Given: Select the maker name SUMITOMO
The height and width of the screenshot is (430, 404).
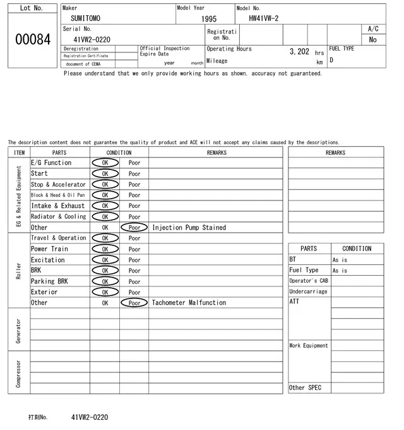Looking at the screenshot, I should [85, 19].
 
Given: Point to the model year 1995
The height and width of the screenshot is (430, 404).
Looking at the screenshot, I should [208, 19].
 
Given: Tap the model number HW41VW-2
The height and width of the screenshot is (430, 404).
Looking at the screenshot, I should [264, 19].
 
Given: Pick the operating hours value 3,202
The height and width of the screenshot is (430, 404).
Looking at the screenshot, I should [299, 52].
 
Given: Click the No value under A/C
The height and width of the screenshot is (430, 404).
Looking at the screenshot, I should [372, 39].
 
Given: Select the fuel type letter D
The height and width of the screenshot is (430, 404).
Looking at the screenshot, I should [331, 61].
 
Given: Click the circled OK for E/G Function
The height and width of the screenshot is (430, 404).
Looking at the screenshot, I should [105, 163].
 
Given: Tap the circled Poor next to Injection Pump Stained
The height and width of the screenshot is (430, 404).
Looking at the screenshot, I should [134, 228].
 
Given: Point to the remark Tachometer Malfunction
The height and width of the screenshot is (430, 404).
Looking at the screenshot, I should [189, 303].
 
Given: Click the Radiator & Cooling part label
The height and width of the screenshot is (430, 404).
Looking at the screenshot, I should [59, 216].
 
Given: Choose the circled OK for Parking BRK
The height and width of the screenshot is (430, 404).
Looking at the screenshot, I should [105, 281].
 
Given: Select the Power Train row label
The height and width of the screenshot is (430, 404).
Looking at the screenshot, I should [49, 249].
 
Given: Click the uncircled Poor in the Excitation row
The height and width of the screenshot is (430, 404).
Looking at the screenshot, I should [134, 260].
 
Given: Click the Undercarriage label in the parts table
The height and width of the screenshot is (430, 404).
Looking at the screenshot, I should [308, 292].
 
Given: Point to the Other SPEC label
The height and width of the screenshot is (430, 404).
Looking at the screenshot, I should [305, 388].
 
